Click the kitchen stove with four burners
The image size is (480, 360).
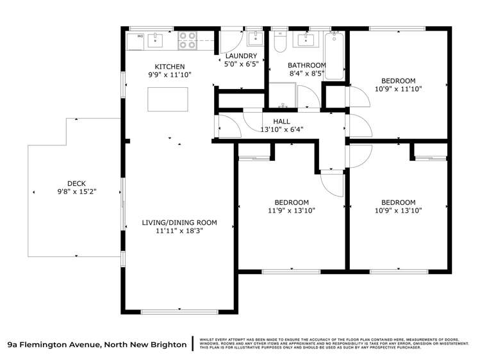coord(187,40)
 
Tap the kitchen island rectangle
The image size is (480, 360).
coord(168,99)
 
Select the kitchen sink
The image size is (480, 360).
coord(155,40)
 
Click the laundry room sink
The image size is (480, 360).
coord(255,38)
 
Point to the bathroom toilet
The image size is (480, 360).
coord(279,42)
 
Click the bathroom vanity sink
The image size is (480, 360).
coord(303,40)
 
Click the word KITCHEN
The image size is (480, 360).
coord(170,67)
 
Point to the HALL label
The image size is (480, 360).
coord(281,121)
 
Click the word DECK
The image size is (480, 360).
coord(76,183)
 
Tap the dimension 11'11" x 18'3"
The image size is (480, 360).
coord(179,231)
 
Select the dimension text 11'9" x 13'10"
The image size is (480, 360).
coord(292,210)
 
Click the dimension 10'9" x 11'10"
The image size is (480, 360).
coord(399,89)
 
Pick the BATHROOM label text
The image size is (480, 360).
coord(306,65)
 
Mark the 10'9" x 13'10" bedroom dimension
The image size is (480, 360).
coord(399,210)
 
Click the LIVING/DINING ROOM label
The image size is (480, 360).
coord(179,223)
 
